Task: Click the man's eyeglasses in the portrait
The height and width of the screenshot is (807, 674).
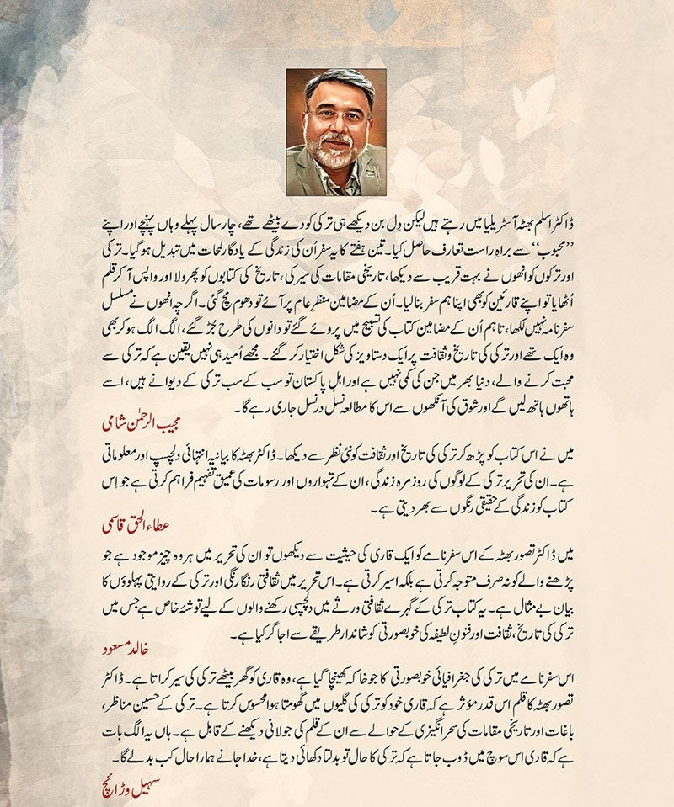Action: click(337, 116)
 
